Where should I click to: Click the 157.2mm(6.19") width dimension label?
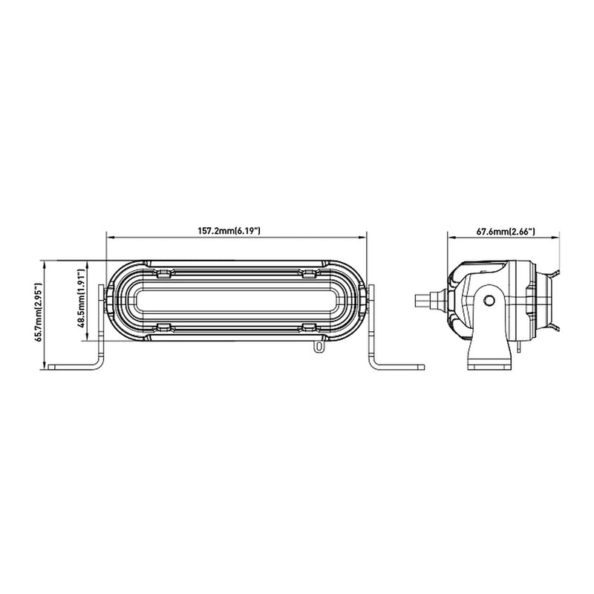[229, 230]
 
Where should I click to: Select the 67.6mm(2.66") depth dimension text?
[506, 232]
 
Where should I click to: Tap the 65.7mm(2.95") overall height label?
[39, 312]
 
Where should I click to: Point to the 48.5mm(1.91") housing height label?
[80, 299]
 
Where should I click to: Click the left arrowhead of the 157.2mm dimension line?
[110, 238]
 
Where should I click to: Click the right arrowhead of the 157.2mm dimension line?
[363, 238]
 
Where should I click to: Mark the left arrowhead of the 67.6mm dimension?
[451, 238]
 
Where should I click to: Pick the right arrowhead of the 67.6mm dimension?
[556, 238]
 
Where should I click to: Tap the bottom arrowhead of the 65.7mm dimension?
[45, 365]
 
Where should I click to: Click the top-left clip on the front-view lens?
[163, 272]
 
